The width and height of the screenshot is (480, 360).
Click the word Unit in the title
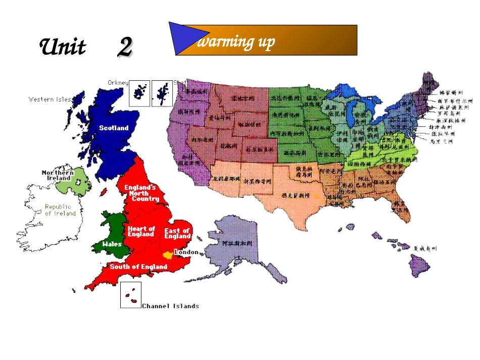(63, 47)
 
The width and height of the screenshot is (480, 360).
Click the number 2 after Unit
(125, 47)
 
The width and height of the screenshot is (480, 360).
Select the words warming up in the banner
(235, 42)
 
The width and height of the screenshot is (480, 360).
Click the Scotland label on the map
(114, 128)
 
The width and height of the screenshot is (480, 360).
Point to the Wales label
(112, 244)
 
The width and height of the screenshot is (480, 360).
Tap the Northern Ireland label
(59, 175)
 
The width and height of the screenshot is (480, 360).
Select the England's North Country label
(141, 193)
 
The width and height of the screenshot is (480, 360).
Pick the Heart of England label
(141, 231)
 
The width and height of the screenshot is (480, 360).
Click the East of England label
(177, 233)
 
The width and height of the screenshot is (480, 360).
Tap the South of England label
(138, 267)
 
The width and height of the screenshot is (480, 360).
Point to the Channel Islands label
(170, 306)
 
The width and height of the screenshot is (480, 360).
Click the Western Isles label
(49, 99)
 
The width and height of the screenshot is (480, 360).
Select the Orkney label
(118, 82)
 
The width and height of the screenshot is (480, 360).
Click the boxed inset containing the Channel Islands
(130, 295)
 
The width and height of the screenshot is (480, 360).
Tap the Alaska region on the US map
(237, 247)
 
